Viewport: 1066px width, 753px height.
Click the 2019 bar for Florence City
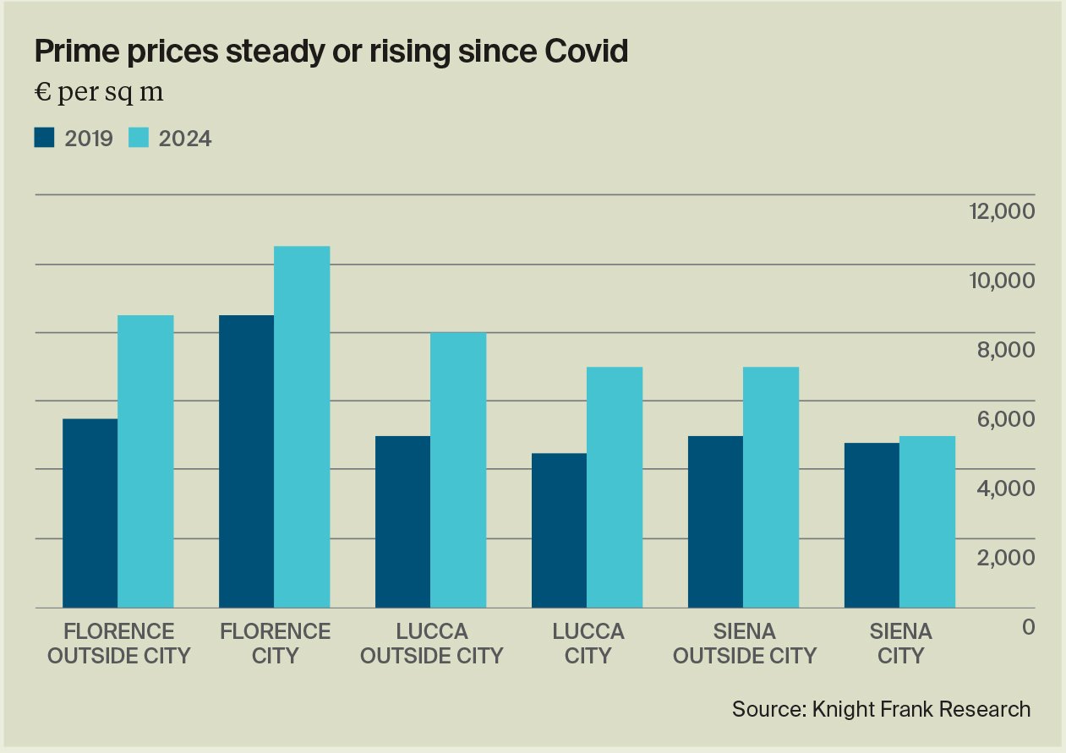[x=246, y=461]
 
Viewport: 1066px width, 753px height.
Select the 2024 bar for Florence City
[x=302, y=427]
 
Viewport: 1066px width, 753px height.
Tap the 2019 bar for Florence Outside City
[x=90, y=513]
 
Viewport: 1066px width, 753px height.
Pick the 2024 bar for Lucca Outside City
[x=458, y=470]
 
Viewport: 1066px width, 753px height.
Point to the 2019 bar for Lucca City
[x=559, y=530]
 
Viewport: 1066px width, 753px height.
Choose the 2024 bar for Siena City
[x=927, y=521]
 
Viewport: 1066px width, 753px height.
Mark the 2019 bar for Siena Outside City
[x=715, y=521]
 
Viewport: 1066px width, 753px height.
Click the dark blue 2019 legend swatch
[x=44, y=138]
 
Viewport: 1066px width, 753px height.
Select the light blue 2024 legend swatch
[x=139, y=138]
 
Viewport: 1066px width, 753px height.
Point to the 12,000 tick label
[x=1001, y=211]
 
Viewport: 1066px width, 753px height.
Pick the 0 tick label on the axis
[x=1027, y=627]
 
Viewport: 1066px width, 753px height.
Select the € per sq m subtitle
[x=99, y=93]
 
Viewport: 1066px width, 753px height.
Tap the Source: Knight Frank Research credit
[x=882, y=709]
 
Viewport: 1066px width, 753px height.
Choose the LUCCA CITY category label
[x=588, y=643]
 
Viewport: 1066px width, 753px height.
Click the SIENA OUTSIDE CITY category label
[x=744, y=643]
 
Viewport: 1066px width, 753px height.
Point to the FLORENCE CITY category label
[x=275, y=643]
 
